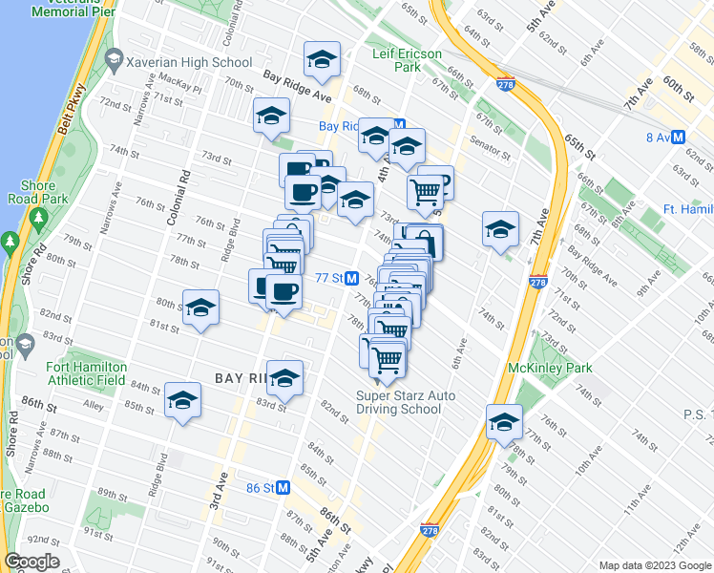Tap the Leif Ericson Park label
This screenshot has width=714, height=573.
(x=406, y=61)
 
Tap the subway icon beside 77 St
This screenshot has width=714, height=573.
(x=351, y=278)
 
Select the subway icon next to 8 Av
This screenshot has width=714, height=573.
(x=679, y=137)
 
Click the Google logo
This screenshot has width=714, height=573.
(x=31, y=562)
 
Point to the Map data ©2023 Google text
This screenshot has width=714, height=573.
(x=654, y=565)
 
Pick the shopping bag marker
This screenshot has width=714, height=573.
(x=425, y=243)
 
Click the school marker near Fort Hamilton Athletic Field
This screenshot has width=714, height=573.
(x=181, y=401)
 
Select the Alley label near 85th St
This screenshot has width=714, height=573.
(x=94, y=405)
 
